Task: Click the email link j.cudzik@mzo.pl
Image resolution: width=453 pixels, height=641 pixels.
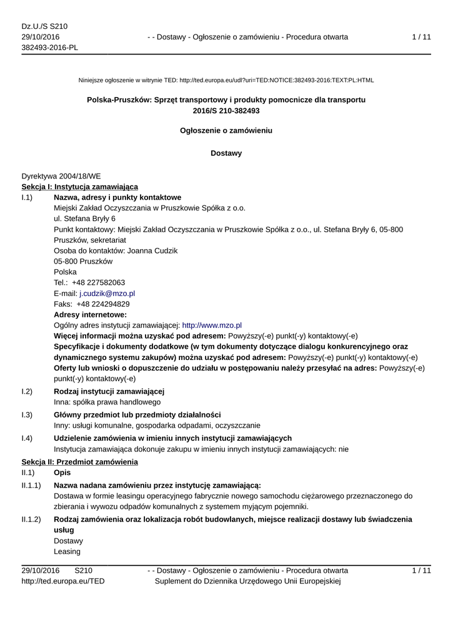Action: tap(107, 293)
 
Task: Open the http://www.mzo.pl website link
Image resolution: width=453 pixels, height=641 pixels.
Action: tap(212, 326)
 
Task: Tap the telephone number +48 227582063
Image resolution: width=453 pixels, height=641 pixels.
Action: tap(98, 282)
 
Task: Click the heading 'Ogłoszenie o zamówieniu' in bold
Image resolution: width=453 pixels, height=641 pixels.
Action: tap(226, 131)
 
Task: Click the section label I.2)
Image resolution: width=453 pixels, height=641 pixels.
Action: tap(27, 391)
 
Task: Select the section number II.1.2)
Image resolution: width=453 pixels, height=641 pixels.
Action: tap(31, 520)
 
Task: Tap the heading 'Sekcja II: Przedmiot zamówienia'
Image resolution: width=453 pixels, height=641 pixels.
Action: tap(79, 462)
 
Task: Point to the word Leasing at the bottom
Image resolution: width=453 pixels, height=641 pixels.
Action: tap(67, 551)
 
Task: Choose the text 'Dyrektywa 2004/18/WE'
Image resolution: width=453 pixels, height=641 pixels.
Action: tap(61, 177)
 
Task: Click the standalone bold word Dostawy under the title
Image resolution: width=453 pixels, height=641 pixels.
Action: tap(226, 153)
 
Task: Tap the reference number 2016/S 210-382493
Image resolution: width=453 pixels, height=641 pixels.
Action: tap(226, 111)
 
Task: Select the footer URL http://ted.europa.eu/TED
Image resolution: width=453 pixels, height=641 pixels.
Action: tap(63, 582)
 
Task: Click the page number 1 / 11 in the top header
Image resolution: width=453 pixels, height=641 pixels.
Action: tap(421, 37)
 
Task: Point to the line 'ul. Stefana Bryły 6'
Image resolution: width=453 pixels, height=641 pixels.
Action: tap(84, 218)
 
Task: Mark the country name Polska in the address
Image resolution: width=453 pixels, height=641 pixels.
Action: tap(66, 272)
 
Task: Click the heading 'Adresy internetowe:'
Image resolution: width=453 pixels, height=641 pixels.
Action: tap(90, 314)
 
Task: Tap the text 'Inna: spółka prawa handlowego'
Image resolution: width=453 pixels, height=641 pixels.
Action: tap(107, 402)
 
